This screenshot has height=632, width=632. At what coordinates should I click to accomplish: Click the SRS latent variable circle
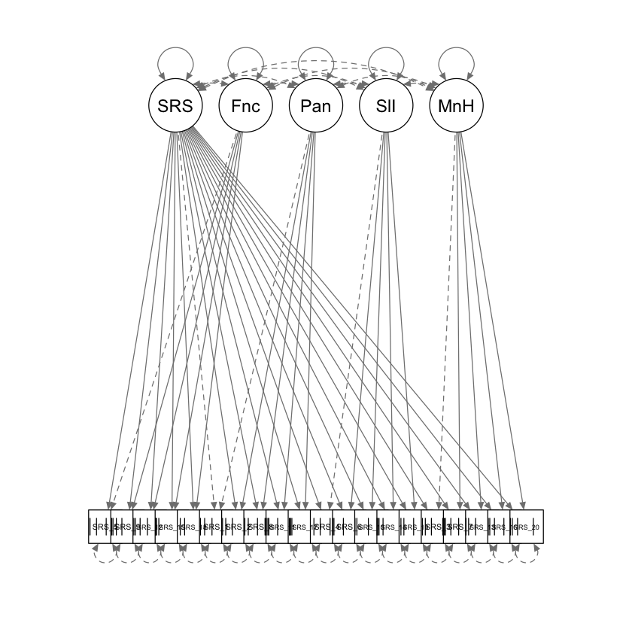(175, 106)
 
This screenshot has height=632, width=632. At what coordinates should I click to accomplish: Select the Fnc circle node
(245, 106)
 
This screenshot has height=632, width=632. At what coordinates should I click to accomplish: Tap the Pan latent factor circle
(316, 106)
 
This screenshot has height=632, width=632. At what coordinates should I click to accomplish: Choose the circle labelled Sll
(386, 106)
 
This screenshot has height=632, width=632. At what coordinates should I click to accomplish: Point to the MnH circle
(456, 106)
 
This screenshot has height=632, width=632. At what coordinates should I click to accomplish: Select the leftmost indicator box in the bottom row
(100, 527)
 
